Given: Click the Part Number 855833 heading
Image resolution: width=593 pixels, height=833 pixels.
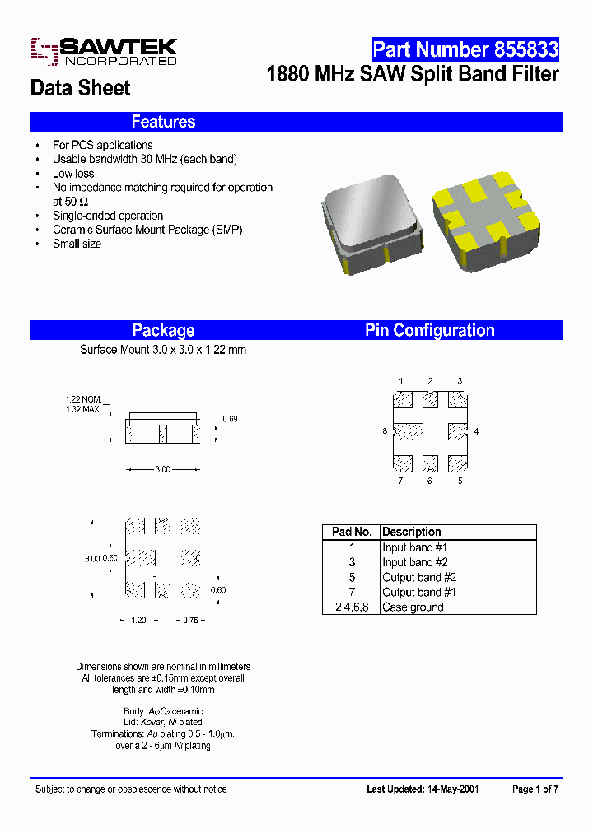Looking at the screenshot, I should (465, 49).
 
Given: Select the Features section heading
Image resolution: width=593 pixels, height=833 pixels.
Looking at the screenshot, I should (163, 122).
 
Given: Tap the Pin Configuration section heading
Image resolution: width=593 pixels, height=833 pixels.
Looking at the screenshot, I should (429, 330).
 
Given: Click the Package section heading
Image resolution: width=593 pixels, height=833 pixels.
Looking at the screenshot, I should (163, 330).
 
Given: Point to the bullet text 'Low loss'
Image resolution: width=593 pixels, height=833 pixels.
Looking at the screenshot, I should (73, 174).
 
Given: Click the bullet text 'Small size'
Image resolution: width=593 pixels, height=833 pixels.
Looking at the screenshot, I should (77, 244).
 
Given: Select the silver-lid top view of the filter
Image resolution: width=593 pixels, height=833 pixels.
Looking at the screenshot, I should (371, 221).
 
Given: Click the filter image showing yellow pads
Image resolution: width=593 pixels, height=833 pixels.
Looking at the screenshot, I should (485, 221).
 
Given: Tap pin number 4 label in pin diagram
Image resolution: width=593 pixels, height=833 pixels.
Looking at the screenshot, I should (476, 431).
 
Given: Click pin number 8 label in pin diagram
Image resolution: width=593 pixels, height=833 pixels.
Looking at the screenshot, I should (385, 431).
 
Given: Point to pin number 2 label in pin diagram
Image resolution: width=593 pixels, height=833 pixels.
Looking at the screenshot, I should (430, 381).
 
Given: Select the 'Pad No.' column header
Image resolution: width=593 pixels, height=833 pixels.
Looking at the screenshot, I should (352, 533).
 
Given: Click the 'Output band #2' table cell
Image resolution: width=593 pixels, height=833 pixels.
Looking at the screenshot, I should (419, 578).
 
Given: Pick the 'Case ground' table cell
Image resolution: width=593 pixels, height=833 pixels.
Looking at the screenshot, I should (413, 607).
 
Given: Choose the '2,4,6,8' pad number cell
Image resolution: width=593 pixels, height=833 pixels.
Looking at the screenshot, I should (352, 607).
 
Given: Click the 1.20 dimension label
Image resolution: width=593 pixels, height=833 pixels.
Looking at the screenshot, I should (138, 620).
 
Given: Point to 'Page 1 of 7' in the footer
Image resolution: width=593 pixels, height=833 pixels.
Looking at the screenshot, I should (535, 789).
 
